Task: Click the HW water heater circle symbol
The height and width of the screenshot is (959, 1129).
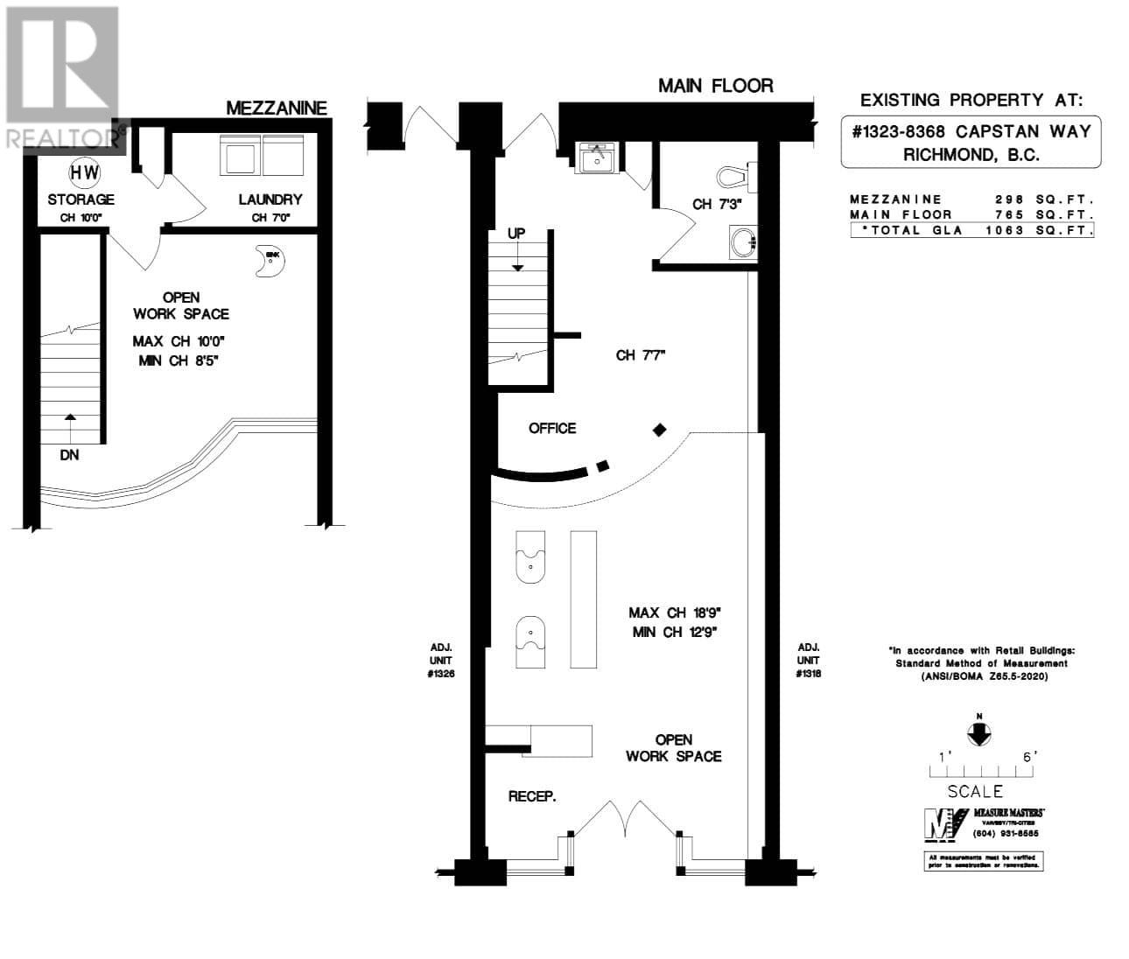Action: [84, 173]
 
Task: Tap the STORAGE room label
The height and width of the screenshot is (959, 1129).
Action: [81, 200]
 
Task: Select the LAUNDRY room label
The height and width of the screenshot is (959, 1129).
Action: [270, 200]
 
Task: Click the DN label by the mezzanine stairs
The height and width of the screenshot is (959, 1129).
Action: [69, 455]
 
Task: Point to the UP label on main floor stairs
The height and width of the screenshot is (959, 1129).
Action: [517, 234]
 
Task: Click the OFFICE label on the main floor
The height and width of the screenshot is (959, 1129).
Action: [552, 428]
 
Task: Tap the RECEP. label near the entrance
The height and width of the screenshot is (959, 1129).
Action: [532, 796]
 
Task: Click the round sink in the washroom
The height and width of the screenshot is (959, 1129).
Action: [744, 241]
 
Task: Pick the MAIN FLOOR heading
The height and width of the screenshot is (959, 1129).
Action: [716, 86]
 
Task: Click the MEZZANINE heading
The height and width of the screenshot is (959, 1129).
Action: [277, 108]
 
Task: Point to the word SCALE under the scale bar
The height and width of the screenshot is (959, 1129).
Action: [975, 792]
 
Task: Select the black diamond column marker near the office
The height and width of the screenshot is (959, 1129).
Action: [660, 429]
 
